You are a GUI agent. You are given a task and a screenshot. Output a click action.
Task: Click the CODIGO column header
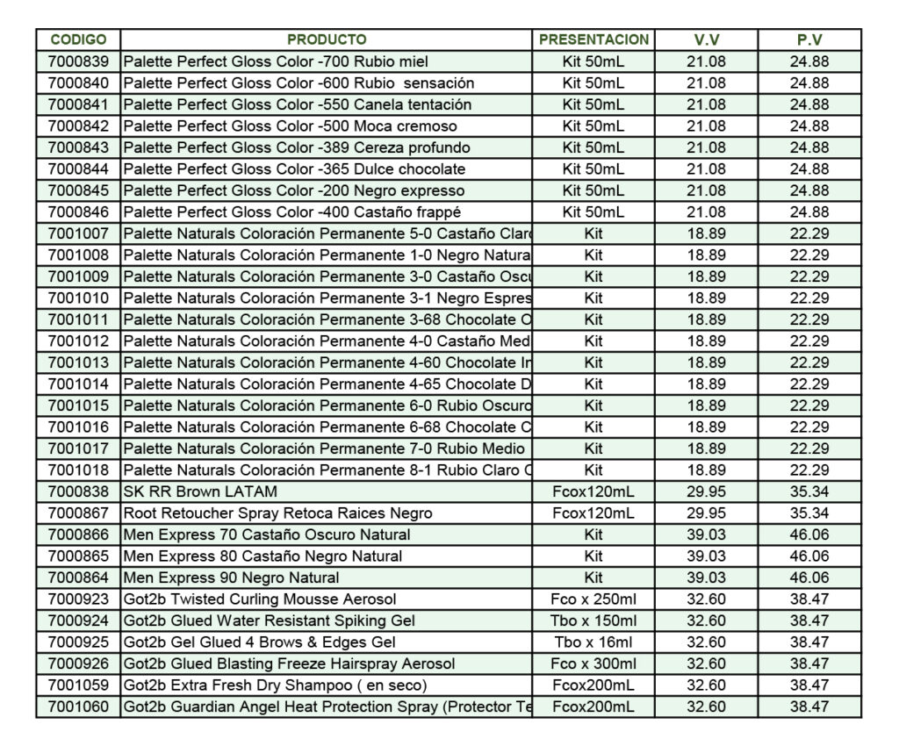78,39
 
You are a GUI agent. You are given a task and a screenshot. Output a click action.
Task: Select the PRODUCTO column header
327,39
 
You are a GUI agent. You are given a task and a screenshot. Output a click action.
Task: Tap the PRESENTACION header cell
593,39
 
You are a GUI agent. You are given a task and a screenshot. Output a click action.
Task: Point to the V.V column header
706,39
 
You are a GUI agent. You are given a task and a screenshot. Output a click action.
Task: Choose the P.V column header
809,39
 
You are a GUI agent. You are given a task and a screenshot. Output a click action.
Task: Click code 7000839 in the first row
78,61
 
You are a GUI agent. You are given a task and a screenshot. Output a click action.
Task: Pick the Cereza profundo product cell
296,147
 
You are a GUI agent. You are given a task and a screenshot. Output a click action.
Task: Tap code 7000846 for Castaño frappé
78,212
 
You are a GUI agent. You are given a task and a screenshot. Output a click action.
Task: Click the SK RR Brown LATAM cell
200,491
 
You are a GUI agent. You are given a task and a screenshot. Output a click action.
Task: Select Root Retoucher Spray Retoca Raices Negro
277,513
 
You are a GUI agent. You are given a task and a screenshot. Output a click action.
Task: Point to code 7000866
78,534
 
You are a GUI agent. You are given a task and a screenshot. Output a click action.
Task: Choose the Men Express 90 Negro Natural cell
231,577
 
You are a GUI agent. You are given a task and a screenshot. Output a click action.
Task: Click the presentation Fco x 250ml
593,599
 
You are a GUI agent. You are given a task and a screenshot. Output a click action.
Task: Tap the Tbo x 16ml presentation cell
593,642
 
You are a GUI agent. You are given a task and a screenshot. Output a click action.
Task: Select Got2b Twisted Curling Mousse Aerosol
259,599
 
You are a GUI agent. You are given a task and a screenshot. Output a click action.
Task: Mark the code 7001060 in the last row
78,707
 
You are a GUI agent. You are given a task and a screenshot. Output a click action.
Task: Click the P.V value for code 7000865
809,556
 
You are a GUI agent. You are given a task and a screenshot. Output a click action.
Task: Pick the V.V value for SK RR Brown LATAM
706,491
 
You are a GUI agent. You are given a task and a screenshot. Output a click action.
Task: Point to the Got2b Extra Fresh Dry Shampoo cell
275,685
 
